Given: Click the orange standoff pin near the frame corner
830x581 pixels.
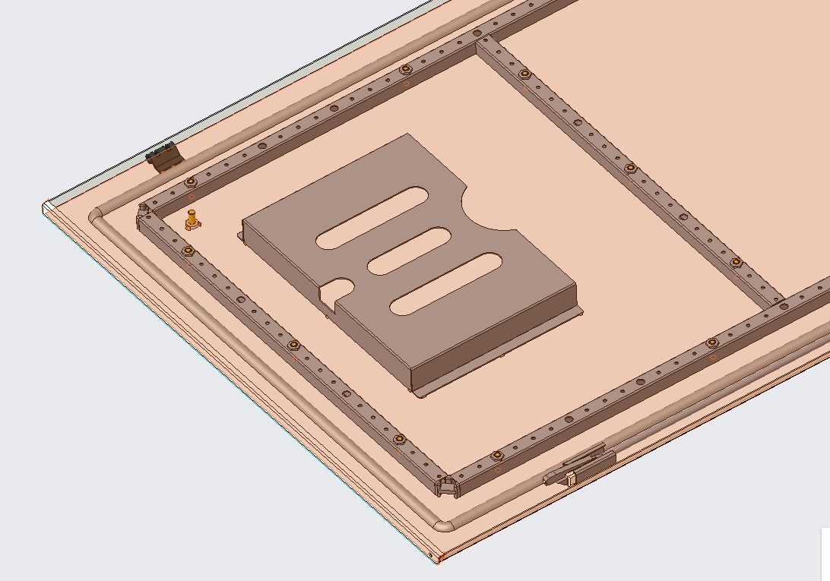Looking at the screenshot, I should [x=192, y=220].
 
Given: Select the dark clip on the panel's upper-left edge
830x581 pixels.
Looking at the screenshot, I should [x=164, y=156].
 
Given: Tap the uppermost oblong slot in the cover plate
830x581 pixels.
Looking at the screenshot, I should [x=362, y=218].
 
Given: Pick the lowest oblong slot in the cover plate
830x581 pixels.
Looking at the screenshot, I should [x=446, y=284].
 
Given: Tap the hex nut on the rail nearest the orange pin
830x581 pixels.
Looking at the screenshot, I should [x=190, y=182].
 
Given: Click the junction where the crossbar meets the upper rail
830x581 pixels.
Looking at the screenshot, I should [x=480, y=40].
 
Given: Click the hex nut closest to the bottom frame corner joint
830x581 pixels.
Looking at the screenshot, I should [x=497, y=455].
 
